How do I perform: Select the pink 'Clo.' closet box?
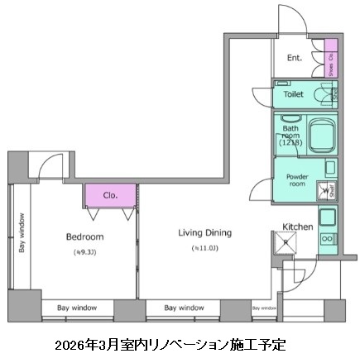coord(111,195)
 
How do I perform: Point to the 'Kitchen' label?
coord(298,226)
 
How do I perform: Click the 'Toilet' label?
coord(294,95)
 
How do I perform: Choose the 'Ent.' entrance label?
coord(294,59)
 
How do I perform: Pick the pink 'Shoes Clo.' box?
coord(331,59)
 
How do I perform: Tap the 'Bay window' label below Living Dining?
coord(184,308)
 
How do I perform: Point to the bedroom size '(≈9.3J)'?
coord(84,251)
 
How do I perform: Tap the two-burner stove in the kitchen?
coord(326,239)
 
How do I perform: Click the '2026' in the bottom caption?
coord(70,343)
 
